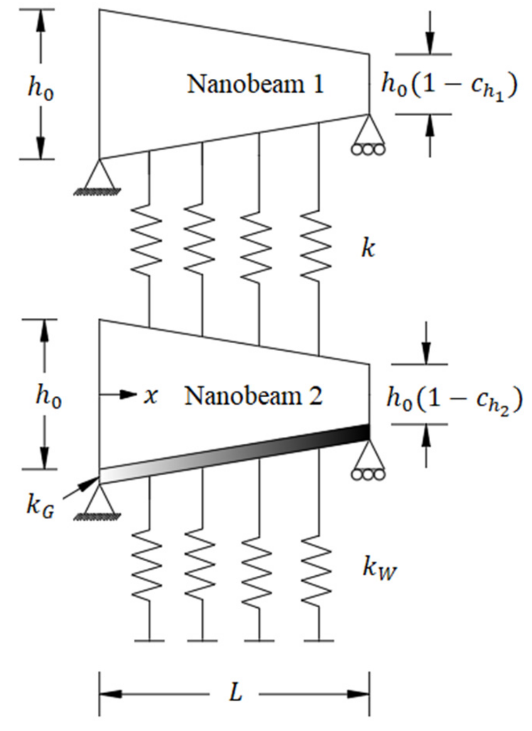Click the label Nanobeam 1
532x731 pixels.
tap(255, 84)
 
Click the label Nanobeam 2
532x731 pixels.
tap(253, 396)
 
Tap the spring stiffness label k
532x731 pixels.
tap(368, 249)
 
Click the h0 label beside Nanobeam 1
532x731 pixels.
tap(41, 88)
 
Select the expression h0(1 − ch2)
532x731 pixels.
tap(454, 399)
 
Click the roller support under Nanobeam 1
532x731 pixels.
tap(368, 137)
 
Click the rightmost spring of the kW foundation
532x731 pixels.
tap(318, 571)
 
